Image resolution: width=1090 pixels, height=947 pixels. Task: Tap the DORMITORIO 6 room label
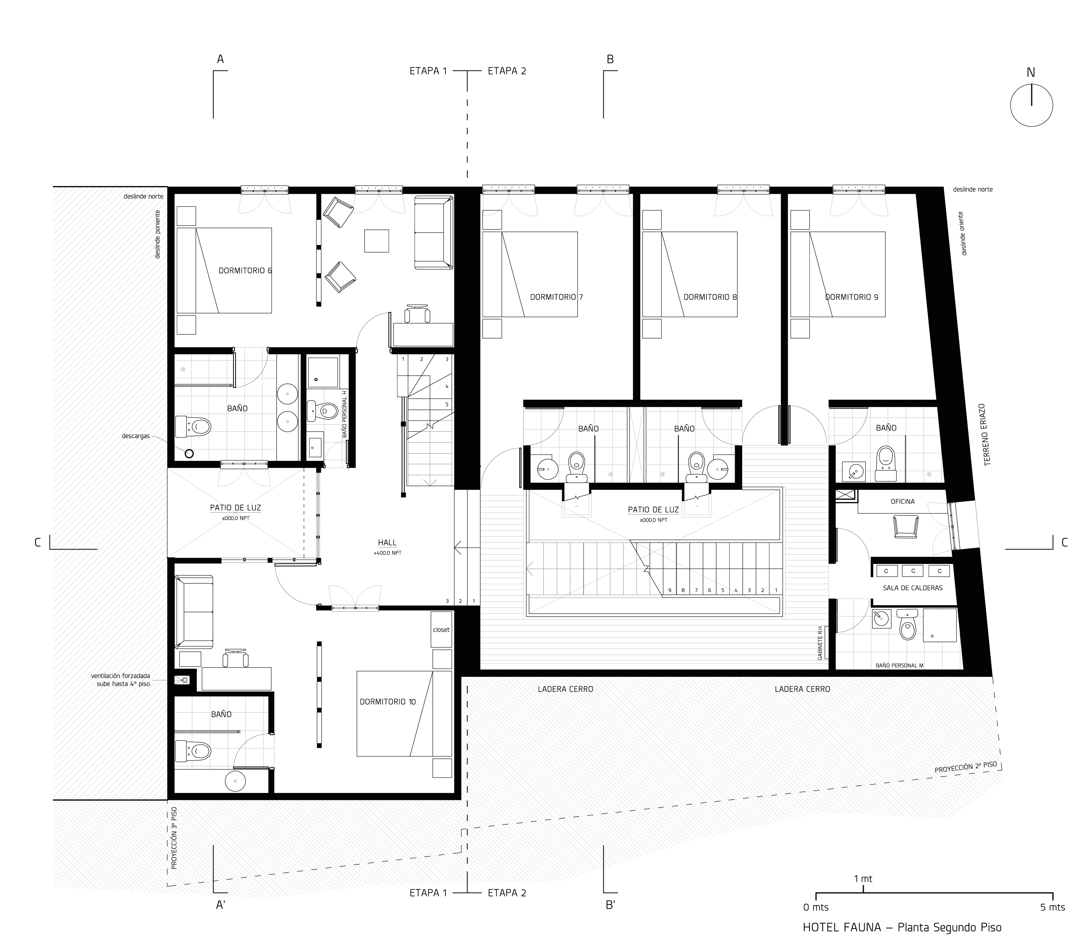click(x=245, y=270)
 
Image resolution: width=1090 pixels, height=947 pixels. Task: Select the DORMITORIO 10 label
click(x=388, y=702)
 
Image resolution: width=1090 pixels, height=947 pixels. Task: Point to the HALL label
click(x=387, y=543)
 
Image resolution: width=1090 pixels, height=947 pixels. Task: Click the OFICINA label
click(x=902, y=502)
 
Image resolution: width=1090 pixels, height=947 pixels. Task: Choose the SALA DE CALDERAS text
click(x=912, y=588)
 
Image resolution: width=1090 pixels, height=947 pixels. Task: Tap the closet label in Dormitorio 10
click(x=441, y=630)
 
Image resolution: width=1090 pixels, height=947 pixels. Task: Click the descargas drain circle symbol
click(x=189, y=453)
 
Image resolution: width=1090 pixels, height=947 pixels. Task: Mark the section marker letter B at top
click(x=610, y=59)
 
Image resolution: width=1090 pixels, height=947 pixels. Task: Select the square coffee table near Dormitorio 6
click(x=377, y=241)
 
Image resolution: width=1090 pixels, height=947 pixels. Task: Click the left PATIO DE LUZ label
click(x=235, y=508)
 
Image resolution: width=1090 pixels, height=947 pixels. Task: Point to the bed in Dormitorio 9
click(x=838, y=274)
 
